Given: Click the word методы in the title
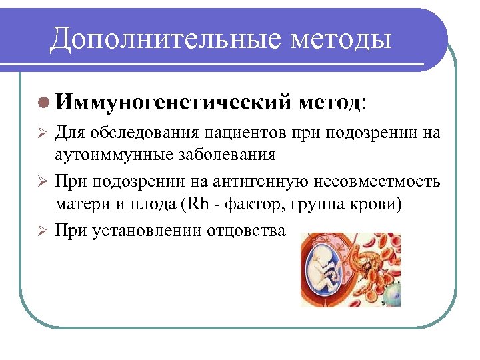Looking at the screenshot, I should tap(340, 39).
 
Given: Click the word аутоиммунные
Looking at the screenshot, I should tap(107, 155).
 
